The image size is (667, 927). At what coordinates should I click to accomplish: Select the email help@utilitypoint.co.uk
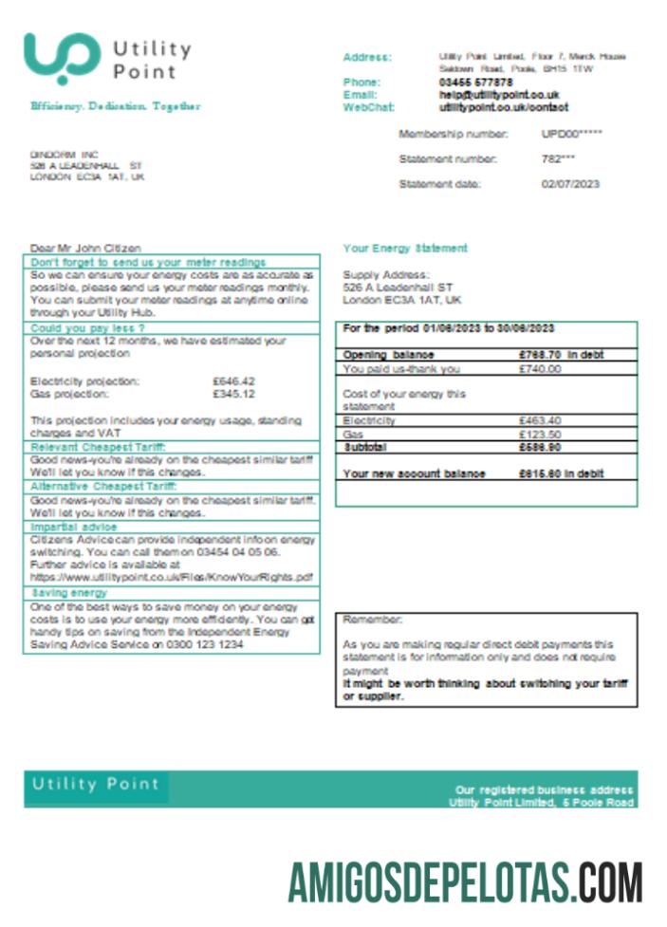pyautogui.click(x=499, y=95)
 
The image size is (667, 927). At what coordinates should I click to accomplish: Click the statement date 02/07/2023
pyautogui.click(x=570, y=184)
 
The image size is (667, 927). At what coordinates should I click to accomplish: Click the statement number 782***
pyautogui.click(x=558, y=159)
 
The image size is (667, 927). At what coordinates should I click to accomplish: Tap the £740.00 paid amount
pyautogui.click(x=540, y=369)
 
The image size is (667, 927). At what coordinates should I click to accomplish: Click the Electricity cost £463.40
pyautogui.click(x=540, y=420)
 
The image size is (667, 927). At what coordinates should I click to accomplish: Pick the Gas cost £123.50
pyautogui.click(x=540, y=434)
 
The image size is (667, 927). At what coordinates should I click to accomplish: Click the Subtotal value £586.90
pyautogui.click(x=540, y=446)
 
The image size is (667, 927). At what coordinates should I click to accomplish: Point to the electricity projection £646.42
pyautogui.click(x=233, y=380)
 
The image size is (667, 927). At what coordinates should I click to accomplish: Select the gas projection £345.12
pyautogui.click(x=233, y=393)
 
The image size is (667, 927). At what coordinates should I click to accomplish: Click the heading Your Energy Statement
pyautogui.click(x=405, y=249)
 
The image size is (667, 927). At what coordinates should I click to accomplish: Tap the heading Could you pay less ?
pyautogui.click(x=87, y=327)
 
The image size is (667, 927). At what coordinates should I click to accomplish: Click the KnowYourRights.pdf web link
pyautogui.click(x=172, y=577)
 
